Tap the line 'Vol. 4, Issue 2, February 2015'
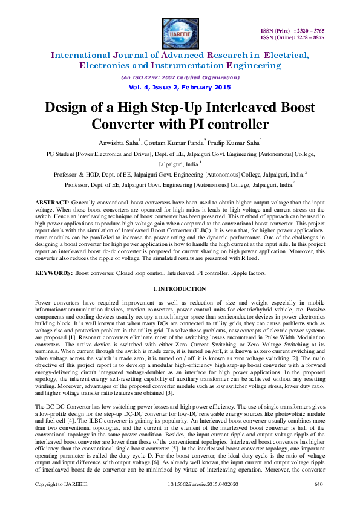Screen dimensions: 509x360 180,88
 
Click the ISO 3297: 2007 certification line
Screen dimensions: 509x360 180,77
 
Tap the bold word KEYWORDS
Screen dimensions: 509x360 53,274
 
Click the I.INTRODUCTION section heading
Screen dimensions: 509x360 180,289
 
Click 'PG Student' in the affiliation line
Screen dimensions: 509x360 61,154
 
